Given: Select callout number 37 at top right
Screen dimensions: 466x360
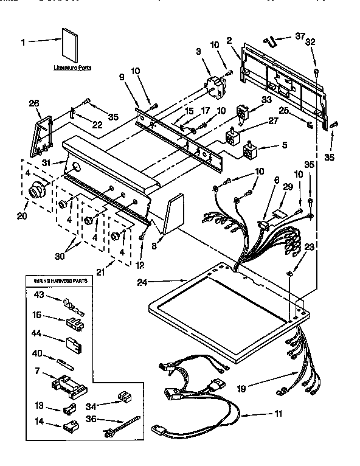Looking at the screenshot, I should point(299,37).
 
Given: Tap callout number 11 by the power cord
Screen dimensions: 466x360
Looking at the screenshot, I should point(278,416).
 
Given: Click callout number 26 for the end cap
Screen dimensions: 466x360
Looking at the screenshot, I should point(33,103).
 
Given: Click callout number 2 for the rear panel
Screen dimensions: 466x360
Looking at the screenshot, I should point(229,41).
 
